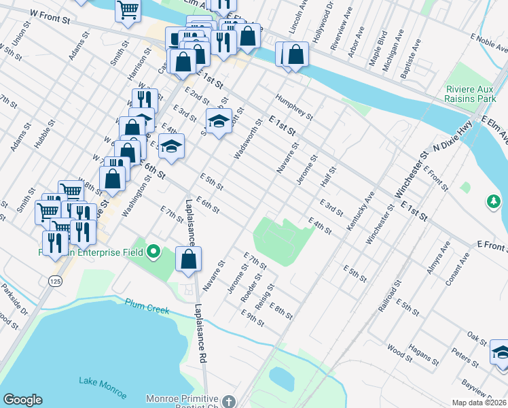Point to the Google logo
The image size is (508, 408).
tap(22, 400)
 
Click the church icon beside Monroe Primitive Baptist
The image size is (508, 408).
tap(229, 401)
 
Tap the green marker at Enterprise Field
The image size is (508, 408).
tap(153, 252)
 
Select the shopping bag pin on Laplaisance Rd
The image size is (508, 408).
tap(189, 260)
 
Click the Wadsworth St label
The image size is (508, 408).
tap(248, 140)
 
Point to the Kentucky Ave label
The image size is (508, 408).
tap(361, 211)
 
